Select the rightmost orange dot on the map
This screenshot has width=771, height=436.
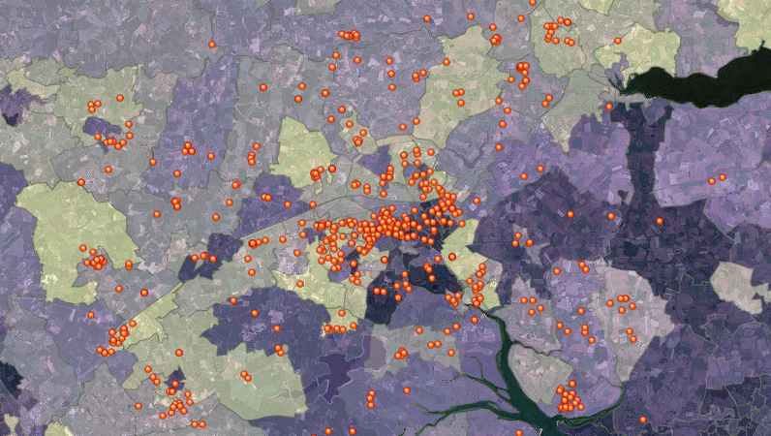(x=723, y=178)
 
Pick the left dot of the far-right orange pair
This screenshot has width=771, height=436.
(x=711, y=181)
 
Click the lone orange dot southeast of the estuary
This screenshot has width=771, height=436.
(x=643, y=420)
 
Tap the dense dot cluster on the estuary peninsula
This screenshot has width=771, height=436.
(x=569, y=397)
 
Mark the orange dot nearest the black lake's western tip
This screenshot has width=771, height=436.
(x=609, y=107)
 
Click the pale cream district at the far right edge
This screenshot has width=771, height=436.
(x=741, y=286)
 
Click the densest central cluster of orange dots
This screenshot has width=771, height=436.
(x=387, y=228)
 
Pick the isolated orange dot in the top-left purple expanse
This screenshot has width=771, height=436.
(x=212, y=45)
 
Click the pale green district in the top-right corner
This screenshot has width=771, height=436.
(x=751, y=19)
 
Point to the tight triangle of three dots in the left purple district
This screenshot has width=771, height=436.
(x=188, y=149)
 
